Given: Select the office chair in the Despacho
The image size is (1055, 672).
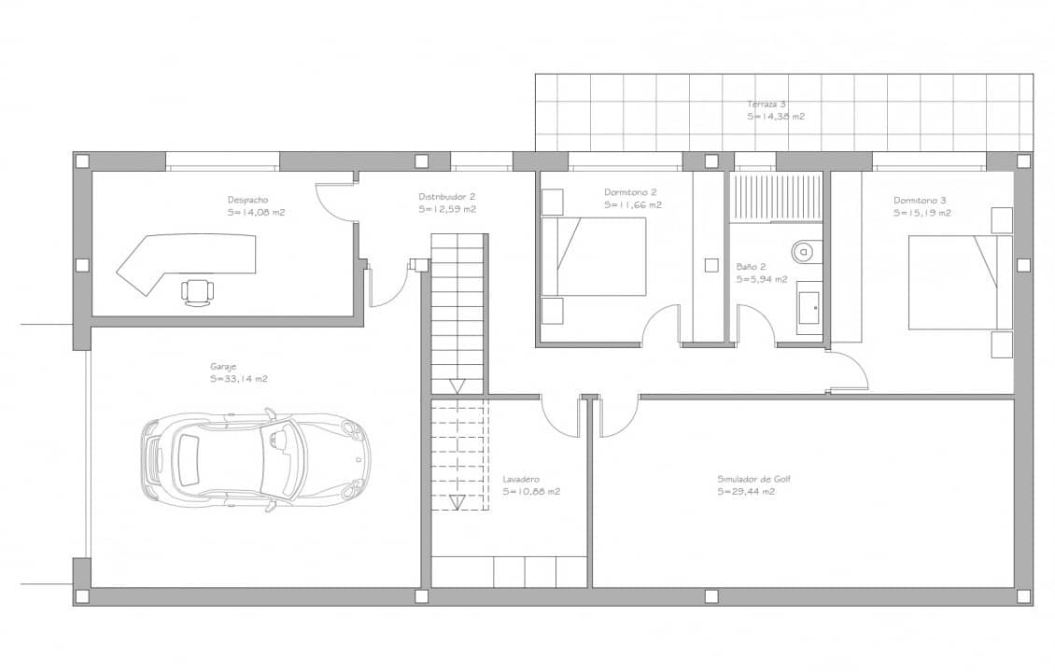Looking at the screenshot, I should point(197,290).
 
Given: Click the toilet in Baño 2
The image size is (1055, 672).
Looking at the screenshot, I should point(804,251).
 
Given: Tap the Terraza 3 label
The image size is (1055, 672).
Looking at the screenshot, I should point(766,104).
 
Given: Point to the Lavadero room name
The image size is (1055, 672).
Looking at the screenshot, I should point(521,479).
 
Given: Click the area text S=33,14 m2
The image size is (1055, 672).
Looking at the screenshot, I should point(239,379).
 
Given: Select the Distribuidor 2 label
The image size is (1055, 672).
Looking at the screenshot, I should point(446,197).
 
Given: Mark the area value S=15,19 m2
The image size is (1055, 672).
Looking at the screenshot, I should point(921,213).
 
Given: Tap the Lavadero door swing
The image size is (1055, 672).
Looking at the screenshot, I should point(561,415).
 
